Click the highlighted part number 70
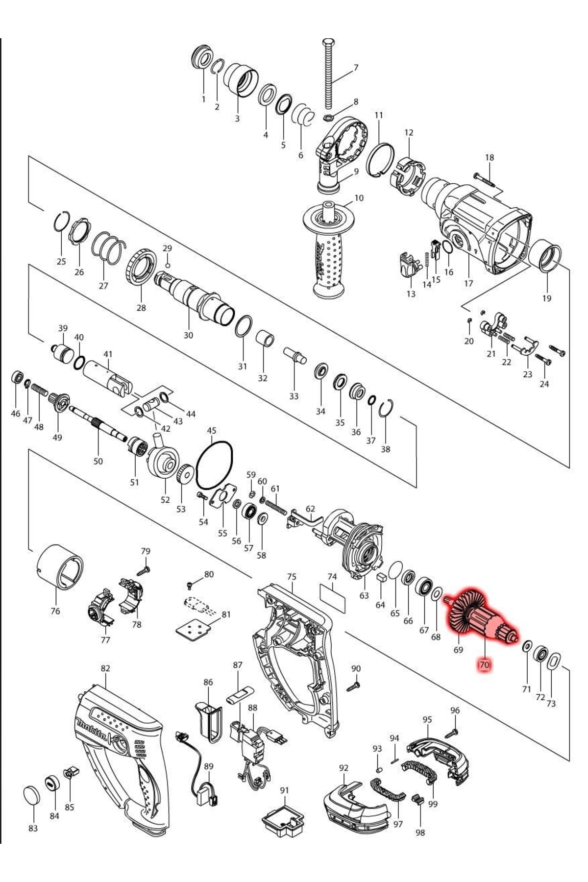[484, 665]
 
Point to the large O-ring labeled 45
[214, 465]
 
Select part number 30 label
[188, 335]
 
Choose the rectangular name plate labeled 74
[332, 597]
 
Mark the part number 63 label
[364, 595]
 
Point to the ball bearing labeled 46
[17, 378]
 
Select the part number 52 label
[165, 500]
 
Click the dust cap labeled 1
[202, 58]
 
